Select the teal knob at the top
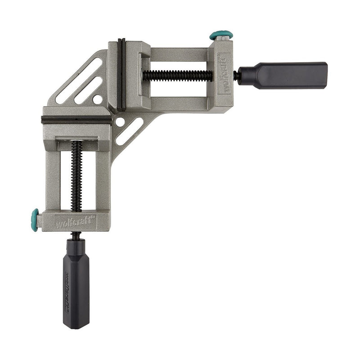[221, 35]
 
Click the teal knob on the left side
[35, 220]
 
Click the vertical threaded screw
[76, 175]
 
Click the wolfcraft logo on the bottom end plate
[75, 222]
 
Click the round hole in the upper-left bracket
[97, 99]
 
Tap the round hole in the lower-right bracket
[120, 121]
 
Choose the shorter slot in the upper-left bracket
[88, 90]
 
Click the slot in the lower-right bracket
[129, 131]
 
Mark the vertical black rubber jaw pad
[121, 75]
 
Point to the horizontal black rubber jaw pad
[76, 120]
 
